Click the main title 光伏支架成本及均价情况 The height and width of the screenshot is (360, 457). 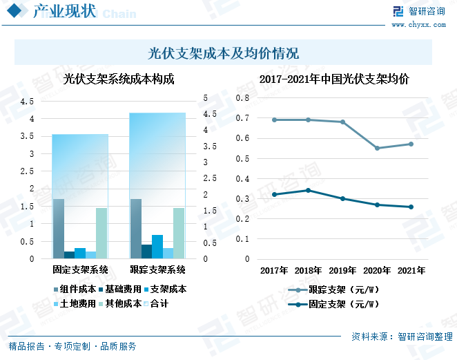[x=223, y=53]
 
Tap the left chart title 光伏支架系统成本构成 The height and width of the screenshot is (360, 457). [x=118, y=79]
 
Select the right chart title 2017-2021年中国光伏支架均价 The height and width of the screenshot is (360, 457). [x=334, y=79]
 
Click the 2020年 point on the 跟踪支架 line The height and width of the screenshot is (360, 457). [x=377, y=148]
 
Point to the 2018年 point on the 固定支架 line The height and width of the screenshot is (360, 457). [x=309, y=190]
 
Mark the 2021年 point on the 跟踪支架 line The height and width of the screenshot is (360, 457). [x=411, y=144]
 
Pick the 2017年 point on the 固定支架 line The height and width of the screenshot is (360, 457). [x=274, y=194]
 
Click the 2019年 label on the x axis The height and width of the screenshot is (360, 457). [x=342, y=269]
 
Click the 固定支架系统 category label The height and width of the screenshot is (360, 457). [x=80, y=269]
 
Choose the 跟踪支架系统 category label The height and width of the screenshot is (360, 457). [x=157, y=269]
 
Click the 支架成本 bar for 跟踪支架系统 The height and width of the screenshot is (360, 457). [x=157, y=247]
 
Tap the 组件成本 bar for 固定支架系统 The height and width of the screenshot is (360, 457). [x=59, y=229]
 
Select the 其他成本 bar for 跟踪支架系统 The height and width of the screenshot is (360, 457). [x=179, y=234]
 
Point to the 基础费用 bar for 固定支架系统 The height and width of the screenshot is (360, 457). [x=69, y=255]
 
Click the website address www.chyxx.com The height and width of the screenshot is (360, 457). [x=420, y=25]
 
